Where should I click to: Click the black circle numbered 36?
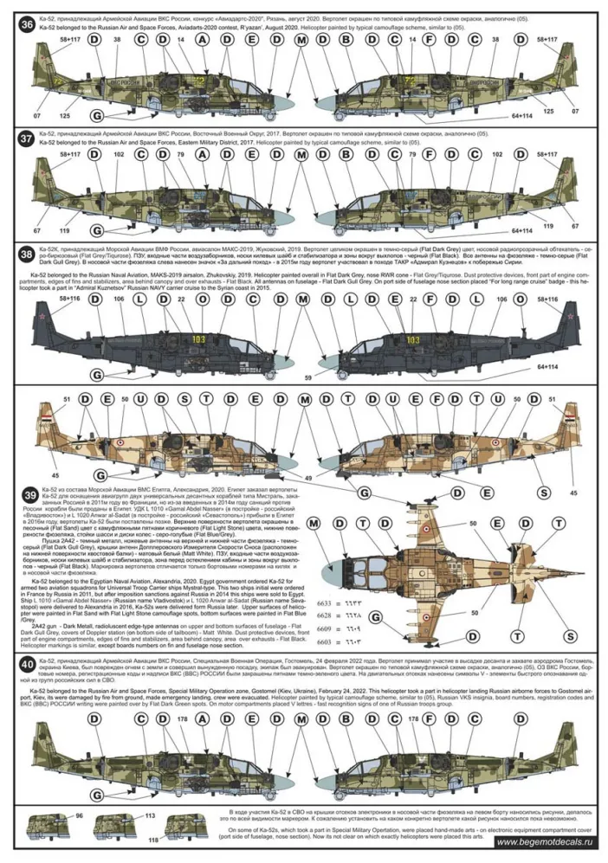pos(27,25)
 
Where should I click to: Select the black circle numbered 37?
pos(27,138)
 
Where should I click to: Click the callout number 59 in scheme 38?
pos(307,377)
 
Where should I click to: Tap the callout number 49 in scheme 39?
pos(307,478)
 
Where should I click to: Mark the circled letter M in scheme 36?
pos(301,41)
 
